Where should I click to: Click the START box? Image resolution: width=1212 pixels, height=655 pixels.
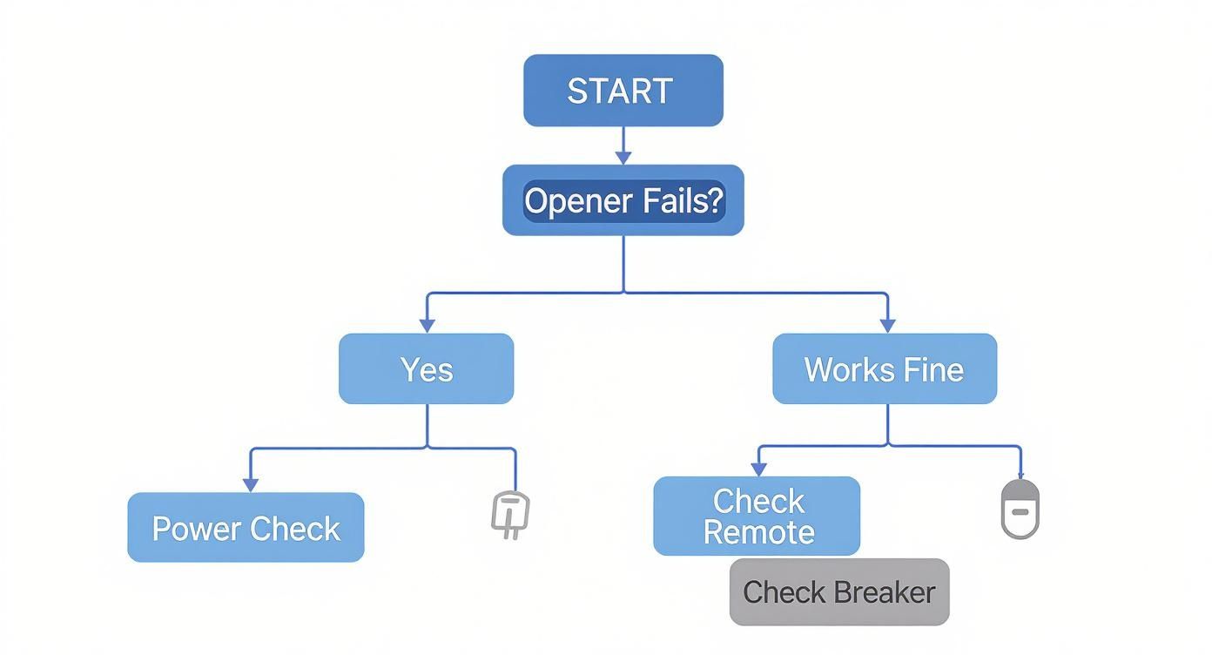point(623,91)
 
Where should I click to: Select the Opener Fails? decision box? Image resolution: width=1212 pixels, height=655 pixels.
point(623,200)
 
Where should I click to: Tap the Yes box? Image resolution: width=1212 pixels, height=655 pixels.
point(426,369)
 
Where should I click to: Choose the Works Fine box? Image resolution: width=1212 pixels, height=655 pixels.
point(884,369)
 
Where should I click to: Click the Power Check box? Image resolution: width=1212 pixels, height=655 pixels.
point(246,528)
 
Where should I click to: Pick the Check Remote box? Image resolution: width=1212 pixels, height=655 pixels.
point(757,516)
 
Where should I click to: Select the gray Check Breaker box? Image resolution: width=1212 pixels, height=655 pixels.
point(838,592)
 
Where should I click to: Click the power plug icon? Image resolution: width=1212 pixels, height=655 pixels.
point(510,514)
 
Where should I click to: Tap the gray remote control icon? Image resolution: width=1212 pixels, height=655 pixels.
point(1019,509)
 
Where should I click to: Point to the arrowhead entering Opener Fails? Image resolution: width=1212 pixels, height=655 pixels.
point(623,157)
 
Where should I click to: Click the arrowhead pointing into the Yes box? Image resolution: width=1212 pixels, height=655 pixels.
point(427,325)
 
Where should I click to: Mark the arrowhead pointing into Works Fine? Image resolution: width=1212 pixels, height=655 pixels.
point(887,325)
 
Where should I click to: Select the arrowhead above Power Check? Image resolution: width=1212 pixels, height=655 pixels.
point(251,484)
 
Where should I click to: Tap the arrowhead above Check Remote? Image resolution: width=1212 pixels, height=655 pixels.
point(758,469)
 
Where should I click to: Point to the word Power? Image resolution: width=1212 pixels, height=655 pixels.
point(196,529)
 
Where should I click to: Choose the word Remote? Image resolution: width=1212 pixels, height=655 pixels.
point(758,532)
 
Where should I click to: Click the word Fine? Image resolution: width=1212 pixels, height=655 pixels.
point(933,369)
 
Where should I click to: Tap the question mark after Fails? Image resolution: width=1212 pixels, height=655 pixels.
point(714,200)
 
